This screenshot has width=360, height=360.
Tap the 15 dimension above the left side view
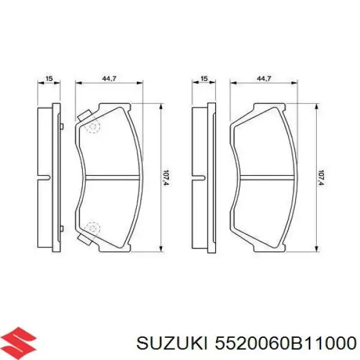point(49,79)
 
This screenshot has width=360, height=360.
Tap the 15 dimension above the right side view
point(204,79)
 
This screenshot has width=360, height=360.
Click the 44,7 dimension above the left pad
point(109,79)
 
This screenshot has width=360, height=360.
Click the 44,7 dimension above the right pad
point(264,79)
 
